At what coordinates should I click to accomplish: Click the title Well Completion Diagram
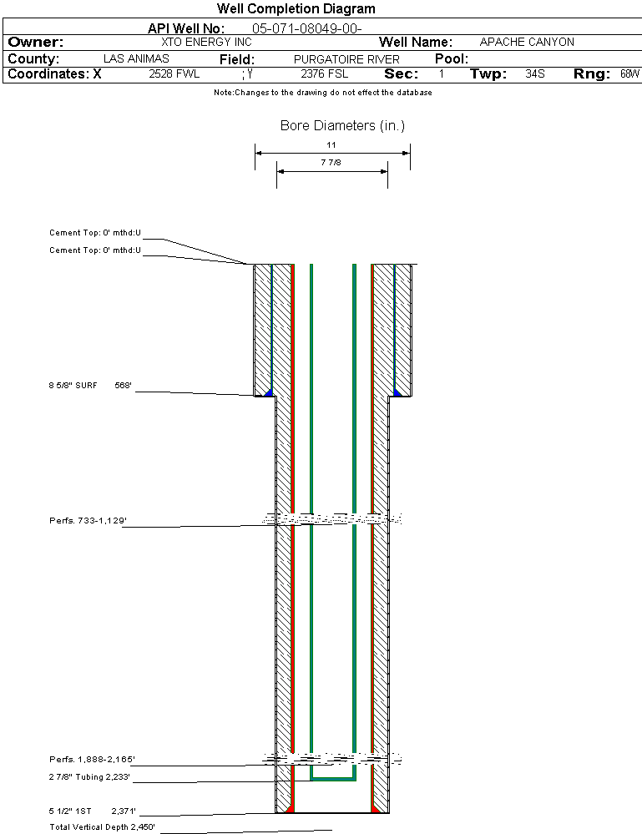296,9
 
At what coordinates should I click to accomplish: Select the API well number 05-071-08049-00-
306,28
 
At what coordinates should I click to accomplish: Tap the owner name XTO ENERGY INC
206,42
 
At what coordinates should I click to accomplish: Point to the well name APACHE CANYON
527,42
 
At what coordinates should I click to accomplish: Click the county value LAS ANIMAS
136,58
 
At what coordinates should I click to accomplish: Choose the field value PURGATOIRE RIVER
346,59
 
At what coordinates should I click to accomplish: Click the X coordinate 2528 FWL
174,74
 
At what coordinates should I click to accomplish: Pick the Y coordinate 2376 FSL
325,74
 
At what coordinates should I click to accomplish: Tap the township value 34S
534,74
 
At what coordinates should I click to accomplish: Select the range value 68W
629,74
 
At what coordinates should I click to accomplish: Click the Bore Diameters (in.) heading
342,125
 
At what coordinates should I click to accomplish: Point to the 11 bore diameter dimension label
331,144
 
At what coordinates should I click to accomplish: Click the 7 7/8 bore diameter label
331,162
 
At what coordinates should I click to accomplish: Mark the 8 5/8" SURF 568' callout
90,385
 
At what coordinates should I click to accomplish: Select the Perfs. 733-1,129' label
88,520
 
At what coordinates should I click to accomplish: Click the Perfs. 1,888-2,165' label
92,759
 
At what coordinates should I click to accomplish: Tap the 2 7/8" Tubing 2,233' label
89,776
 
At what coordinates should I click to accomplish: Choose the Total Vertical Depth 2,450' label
102,826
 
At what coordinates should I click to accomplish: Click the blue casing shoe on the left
269,392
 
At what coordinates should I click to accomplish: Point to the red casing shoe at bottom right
376,808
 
